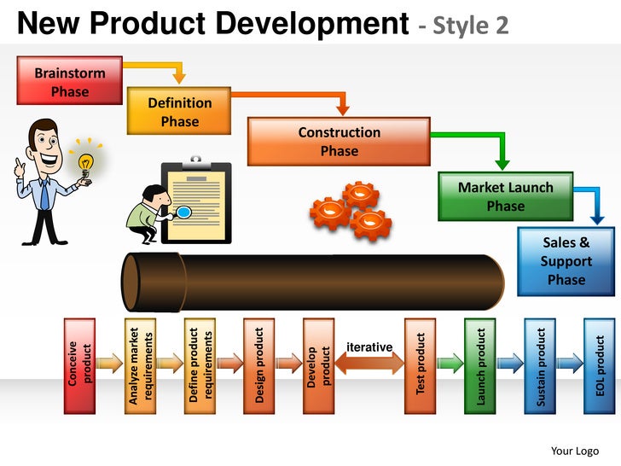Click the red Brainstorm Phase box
click(x=69, y=81)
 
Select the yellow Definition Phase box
click(x=179, y=111)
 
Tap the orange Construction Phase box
click(x=339, y=141)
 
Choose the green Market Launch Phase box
click(x=505, y=196)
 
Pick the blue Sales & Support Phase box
click(x=566, y=261)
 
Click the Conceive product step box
click(x=79, y=364)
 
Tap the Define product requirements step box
click(x=199, y=364)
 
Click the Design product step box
click(x=258, y=364)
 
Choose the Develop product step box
click(x=318, y=364)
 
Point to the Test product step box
click(x=420, y=364)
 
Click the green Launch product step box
click(x=479, y=364)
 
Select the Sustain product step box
click(x=539, y=364)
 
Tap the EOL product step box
click(x=599, y=364)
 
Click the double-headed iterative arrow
click(x=369, y=364)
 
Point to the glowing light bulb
click(x=85, y=161)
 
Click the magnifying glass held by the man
click(x=183, y=212)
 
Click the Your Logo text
click(x=574, y=451)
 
